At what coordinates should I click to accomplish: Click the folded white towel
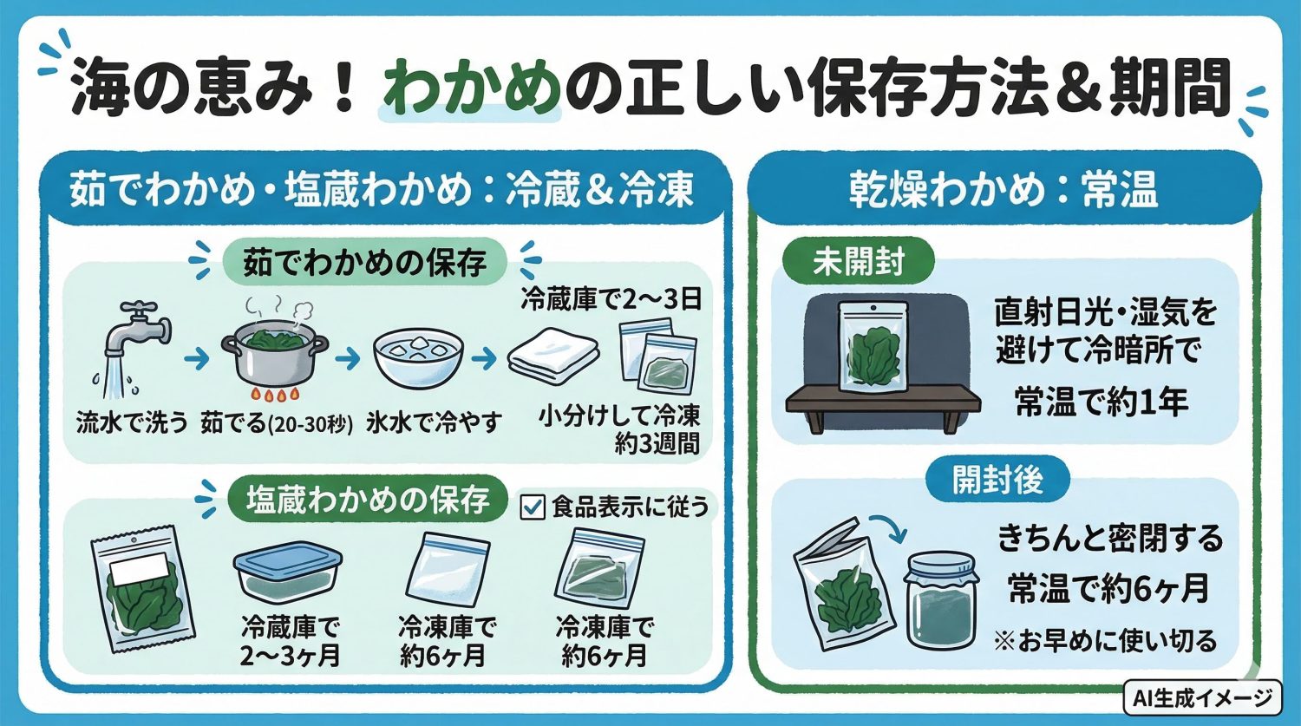tap(554, 356)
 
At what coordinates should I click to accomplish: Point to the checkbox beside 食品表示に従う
tap(531, 507)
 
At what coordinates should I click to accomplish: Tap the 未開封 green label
tap(858, 261)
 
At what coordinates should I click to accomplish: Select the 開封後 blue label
tap(997, 480)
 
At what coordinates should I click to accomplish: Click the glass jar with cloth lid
tap(940, 599)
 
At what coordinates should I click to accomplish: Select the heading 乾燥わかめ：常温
tap(1004, 191)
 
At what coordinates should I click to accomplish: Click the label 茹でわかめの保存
tap(364, 262)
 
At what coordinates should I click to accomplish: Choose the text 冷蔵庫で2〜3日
tap(611, 300)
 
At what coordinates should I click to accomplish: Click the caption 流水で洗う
tap(131, 422)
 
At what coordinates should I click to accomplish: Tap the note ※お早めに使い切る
tap(1105, 641)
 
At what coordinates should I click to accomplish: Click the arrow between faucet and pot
tap(197, 357)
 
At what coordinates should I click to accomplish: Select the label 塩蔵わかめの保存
tap(367, 500)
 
